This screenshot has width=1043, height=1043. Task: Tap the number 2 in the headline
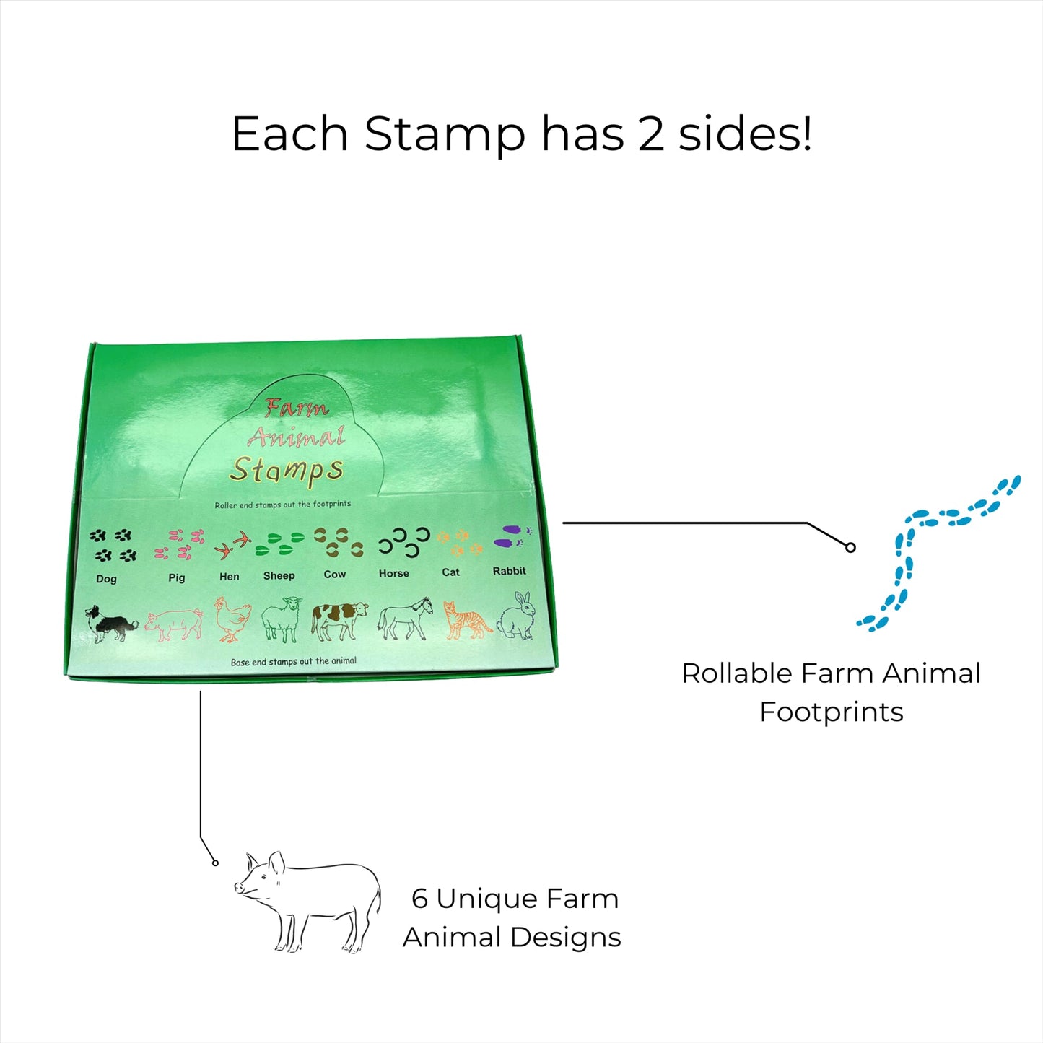651,134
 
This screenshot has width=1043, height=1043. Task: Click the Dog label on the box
106,579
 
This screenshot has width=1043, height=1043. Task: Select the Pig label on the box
177,577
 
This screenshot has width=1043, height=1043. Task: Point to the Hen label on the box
229,577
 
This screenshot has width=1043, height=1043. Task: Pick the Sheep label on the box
279,575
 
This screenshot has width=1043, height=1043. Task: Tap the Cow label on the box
335,575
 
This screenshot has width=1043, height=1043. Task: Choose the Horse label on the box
394,573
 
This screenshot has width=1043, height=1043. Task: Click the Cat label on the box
450,572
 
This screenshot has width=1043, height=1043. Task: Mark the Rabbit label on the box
509,571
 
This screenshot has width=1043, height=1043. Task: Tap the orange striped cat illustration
466,620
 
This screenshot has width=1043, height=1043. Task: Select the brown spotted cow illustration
339,620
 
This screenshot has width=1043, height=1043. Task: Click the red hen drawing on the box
232,619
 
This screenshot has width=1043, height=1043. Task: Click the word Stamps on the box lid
287,470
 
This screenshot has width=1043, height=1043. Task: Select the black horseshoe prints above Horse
405,542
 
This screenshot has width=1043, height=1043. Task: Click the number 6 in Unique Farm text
419,899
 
